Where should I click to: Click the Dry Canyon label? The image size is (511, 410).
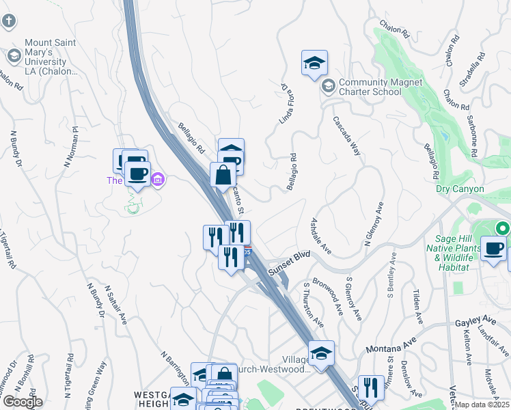(x=460, y=189)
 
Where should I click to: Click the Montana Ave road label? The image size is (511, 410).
(x=391, y=348)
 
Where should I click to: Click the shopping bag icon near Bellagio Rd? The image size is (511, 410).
(x=223, y=175)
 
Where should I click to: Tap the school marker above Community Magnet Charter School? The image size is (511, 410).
(x=314, y=64)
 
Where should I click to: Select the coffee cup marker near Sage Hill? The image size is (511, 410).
(x=493, y=249)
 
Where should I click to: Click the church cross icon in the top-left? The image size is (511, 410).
(x=9, y=20)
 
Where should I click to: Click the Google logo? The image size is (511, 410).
(x=22, y=402)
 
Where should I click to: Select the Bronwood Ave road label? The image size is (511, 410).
(x=328, y=296)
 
